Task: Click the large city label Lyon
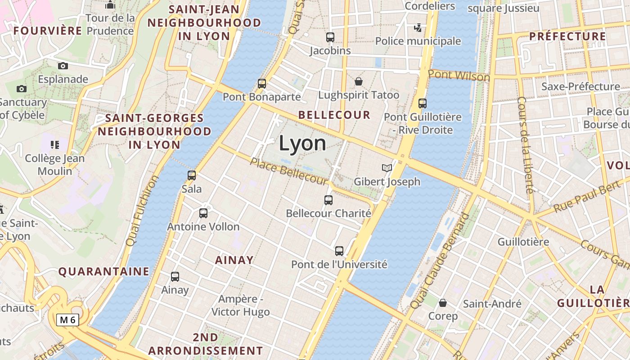click(x=302, y=143)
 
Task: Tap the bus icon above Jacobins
click(x=330, y=37)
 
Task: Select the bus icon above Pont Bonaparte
click(x=262, y=83)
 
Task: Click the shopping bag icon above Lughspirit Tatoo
click(x=359, y=81)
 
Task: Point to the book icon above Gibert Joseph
click(x=387, y=168)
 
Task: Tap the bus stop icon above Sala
click(x=192, y=175)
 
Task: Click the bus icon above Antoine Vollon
click(x=203, y=213)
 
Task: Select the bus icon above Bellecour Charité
click(x=328, y=200)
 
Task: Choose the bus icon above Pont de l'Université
click(x=339, y=251)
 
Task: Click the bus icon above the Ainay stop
click(x=175, y=277)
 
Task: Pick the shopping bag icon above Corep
click(x=443, y=302)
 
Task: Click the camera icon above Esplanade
click(x=63, y=66)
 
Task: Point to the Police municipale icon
click(x=418, y=28)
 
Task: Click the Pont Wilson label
click(x=459, y=76)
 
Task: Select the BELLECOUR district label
click(x=334, y=115)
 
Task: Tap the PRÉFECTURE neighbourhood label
click(x=567, y=36)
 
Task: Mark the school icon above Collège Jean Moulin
click(x=55, y=145)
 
